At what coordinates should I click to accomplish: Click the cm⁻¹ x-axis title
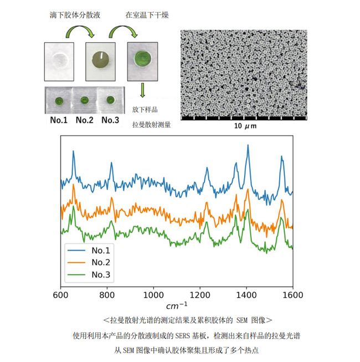click(x=177, y=306)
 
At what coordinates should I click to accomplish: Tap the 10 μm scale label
click(x=243, y=126)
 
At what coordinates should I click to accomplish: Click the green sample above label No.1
click(x=59, y=100)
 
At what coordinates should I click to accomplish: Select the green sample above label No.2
click(x=84, y=100)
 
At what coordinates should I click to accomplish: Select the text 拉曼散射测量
click(x=151, y=125)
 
